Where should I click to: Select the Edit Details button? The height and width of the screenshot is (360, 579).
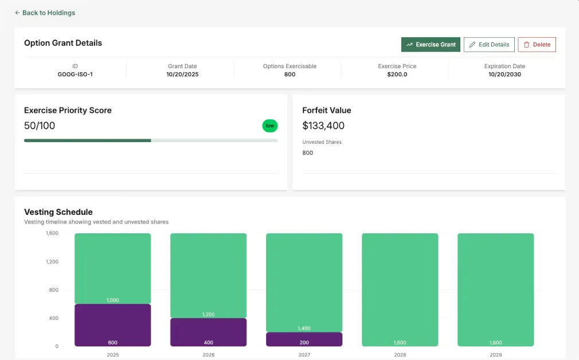coord(488,45)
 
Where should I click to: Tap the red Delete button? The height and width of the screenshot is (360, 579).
coord(537,45)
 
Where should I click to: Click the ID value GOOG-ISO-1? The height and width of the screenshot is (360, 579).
coord(75,75)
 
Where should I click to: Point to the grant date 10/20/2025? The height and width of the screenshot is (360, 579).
coord(182,75)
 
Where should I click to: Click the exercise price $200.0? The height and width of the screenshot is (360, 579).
coord(397,75)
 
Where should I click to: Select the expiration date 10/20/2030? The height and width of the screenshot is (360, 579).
coord(504,75)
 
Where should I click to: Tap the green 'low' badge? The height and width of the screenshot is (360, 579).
coord(269,126)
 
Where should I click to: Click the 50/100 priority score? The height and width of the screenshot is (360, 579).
coord(40,126)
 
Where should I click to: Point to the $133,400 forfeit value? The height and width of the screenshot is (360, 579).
coord(323,126)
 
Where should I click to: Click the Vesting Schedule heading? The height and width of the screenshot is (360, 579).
coord(58,212)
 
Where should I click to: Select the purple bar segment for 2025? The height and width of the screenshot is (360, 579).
coord(112,325)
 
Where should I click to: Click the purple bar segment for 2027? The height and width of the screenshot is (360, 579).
coord(304,339)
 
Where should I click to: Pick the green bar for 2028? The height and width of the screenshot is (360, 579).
coord(400,289)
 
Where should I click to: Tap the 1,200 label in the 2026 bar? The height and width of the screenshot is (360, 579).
coord(208,314)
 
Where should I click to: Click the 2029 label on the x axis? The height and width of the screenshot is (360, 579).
coord(495,355)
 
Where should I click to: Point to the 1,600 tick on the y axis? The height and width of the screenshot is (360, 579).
coord(52,233)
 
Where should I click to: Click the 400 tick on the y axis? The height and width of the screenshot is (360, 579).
coord(53,318)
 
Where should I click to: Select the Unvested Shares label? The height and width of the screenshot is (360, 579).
coord(322,142)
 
